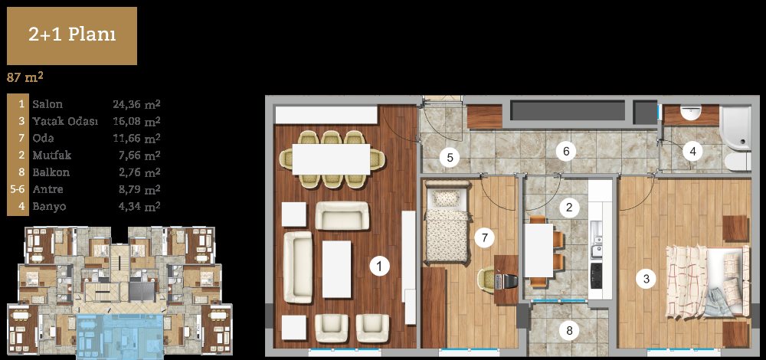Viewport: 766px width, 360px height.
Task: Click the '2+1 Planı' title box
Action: point(72,36)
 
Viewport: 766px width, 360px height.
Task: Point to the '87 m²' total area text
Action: point(26,77)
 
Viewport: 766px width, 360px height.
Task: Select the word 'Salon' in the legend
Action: point(47,104)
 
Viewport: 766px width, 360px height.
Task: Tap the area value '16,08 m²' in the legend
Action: point(137,121)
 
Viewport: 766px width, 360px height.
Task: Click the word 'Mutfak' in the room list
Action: point(52,155)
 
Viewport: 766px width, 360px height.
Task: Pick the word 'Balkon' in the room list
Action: point(51,172)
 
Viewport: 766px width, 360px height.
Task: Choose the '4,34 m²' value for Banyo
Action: point(139,206)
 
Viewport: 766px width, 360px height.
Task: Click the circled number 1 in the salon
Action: point(380,267)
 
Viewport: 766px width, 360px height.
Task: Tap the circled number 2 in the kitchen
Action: point(568,208)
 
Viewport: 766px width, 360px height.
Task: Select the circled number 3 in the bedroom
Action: point(647,280)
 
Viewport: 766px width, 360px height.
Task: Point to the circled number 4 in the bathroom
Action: point(692,152)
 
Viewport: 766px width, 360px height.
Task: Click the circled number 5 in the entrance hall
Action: point(450,158)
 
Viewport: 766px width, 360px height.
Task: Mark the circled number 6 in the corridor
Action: point(566,152)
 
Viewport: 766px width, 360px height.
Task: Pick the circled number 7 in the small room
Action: point(484,238)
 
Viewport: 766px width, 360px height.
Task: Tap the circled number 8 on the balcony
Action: point(569,331)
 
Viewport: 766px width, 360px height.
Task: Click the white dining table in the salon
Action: point(331,159)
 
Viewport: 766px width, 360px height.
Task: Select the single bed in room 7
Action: point(447,222)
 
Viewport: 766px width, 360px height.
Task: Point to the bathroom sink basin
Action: point(691,113)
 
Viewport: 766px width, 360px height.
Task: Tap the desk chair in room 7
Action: point(489,280)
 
